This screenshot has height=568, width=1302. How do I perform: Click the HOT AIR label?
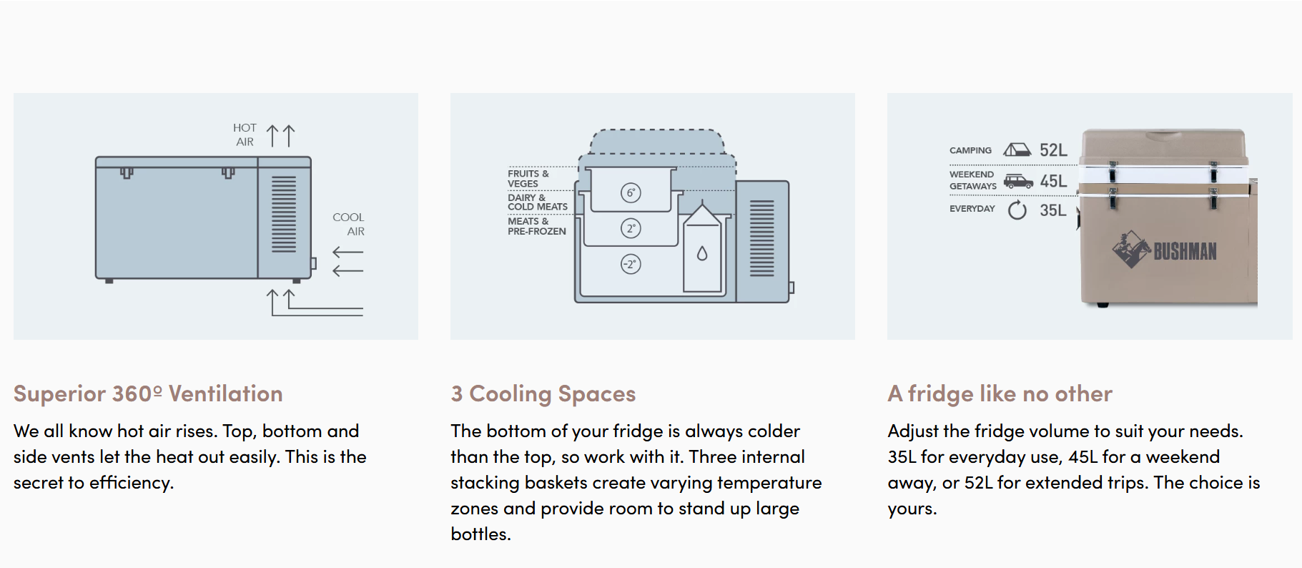tap(245, 134)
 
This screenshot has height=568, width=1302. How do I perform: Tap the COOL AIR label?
tap(348, 224)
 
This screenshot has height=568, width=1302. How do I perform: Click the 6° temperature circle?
tap(631, 192)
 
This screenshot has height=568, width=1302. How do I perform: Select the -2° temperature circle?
tap(631, 264)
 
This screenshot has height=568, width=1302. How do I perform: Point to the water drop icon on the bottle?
tap(702, 253)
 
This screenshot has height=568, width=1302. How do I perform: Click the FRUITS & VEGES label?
tap(528, 178)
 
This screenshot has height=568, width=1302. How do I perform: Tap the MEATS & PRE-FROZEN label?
tap(536, 226)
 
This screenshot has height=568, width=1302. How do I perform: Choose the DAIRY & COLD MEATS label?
tap(538, 202)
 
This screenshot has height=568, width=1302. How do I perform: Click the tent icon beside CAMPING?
tap(1017, 150)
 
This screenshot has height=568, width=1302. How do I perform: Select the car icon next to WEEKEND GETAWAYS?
tap(1018, 181)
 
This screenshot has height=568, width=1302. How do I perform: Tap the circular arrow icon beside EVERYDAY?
tap(1017, 210)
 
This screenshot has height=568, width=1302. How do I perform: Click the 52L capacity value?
tap(1053, 150)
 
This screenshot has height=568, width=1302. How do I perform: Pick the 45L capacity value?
tap(1053, 181)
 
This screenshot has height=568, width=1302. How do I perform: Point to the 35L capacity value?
tap(1053, 210)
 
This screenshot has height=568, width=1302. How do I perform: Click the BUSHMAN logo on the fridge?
tap(1165, 250)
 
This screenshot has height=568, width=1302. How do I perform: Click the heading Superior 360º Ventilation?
tap(148, 393)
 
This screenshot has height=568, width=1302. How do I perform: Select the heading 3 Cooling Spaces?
tap(543, 393)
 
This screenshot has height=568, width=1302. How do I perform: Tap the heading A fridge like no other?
tap(1000, 393)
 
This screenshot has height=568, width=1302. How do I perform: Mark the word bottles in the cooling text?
tap(480, 534)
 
